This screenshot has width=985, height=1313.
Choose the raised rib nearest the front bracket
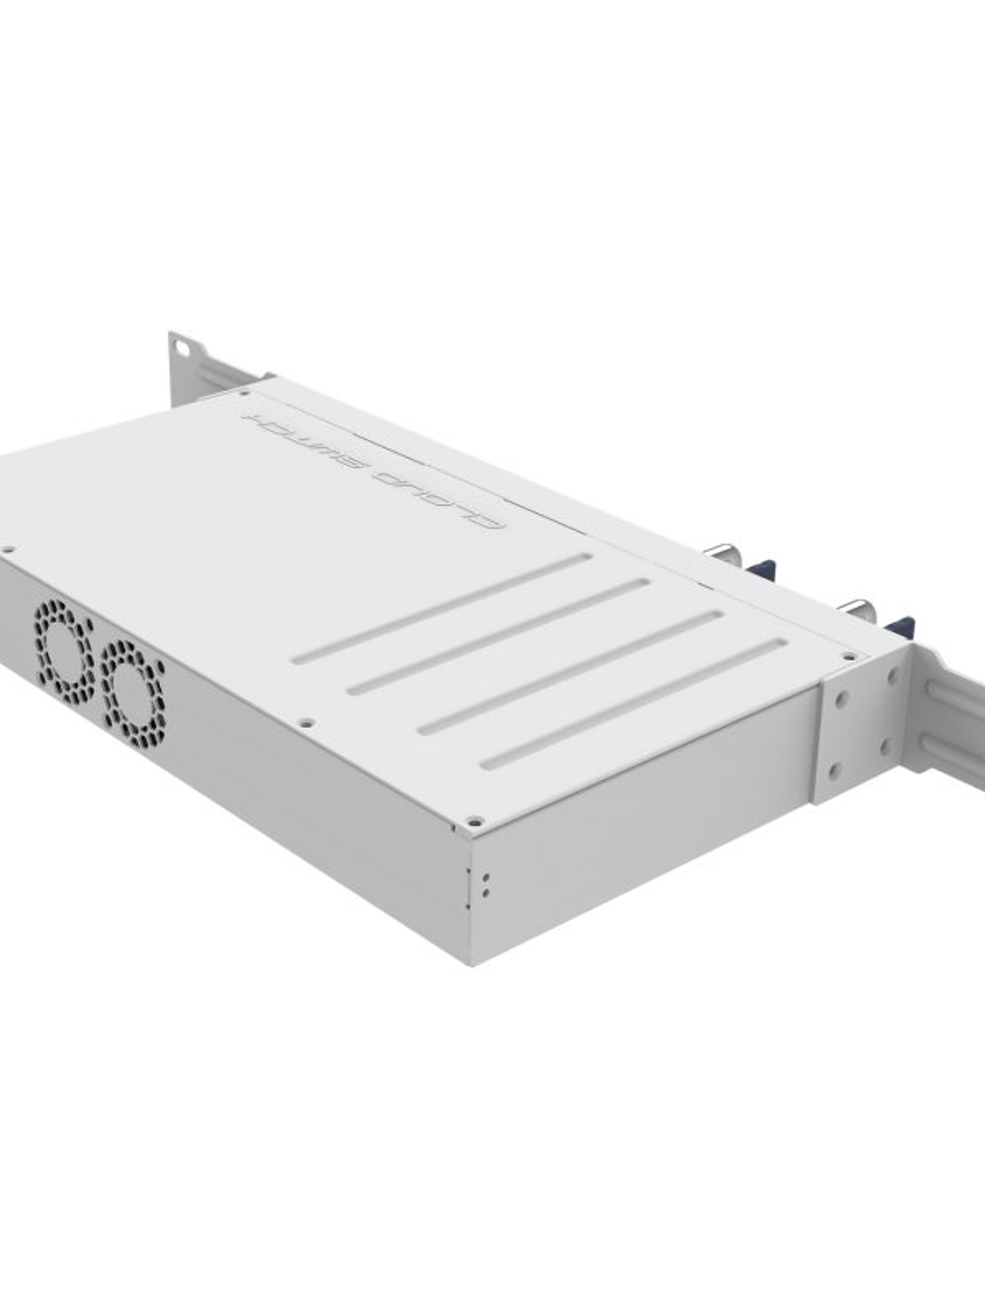tap(633, 704)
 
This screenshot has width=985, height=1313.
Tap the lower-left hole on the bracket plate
tap(834, 769)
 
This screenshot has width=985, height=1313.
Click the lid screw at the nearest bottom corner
tap(473, 821)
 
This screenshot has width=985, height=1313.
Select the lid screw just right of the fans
tap(304, 722)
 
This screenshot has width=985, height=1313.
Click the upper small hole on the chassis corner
tap(486, 876)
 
